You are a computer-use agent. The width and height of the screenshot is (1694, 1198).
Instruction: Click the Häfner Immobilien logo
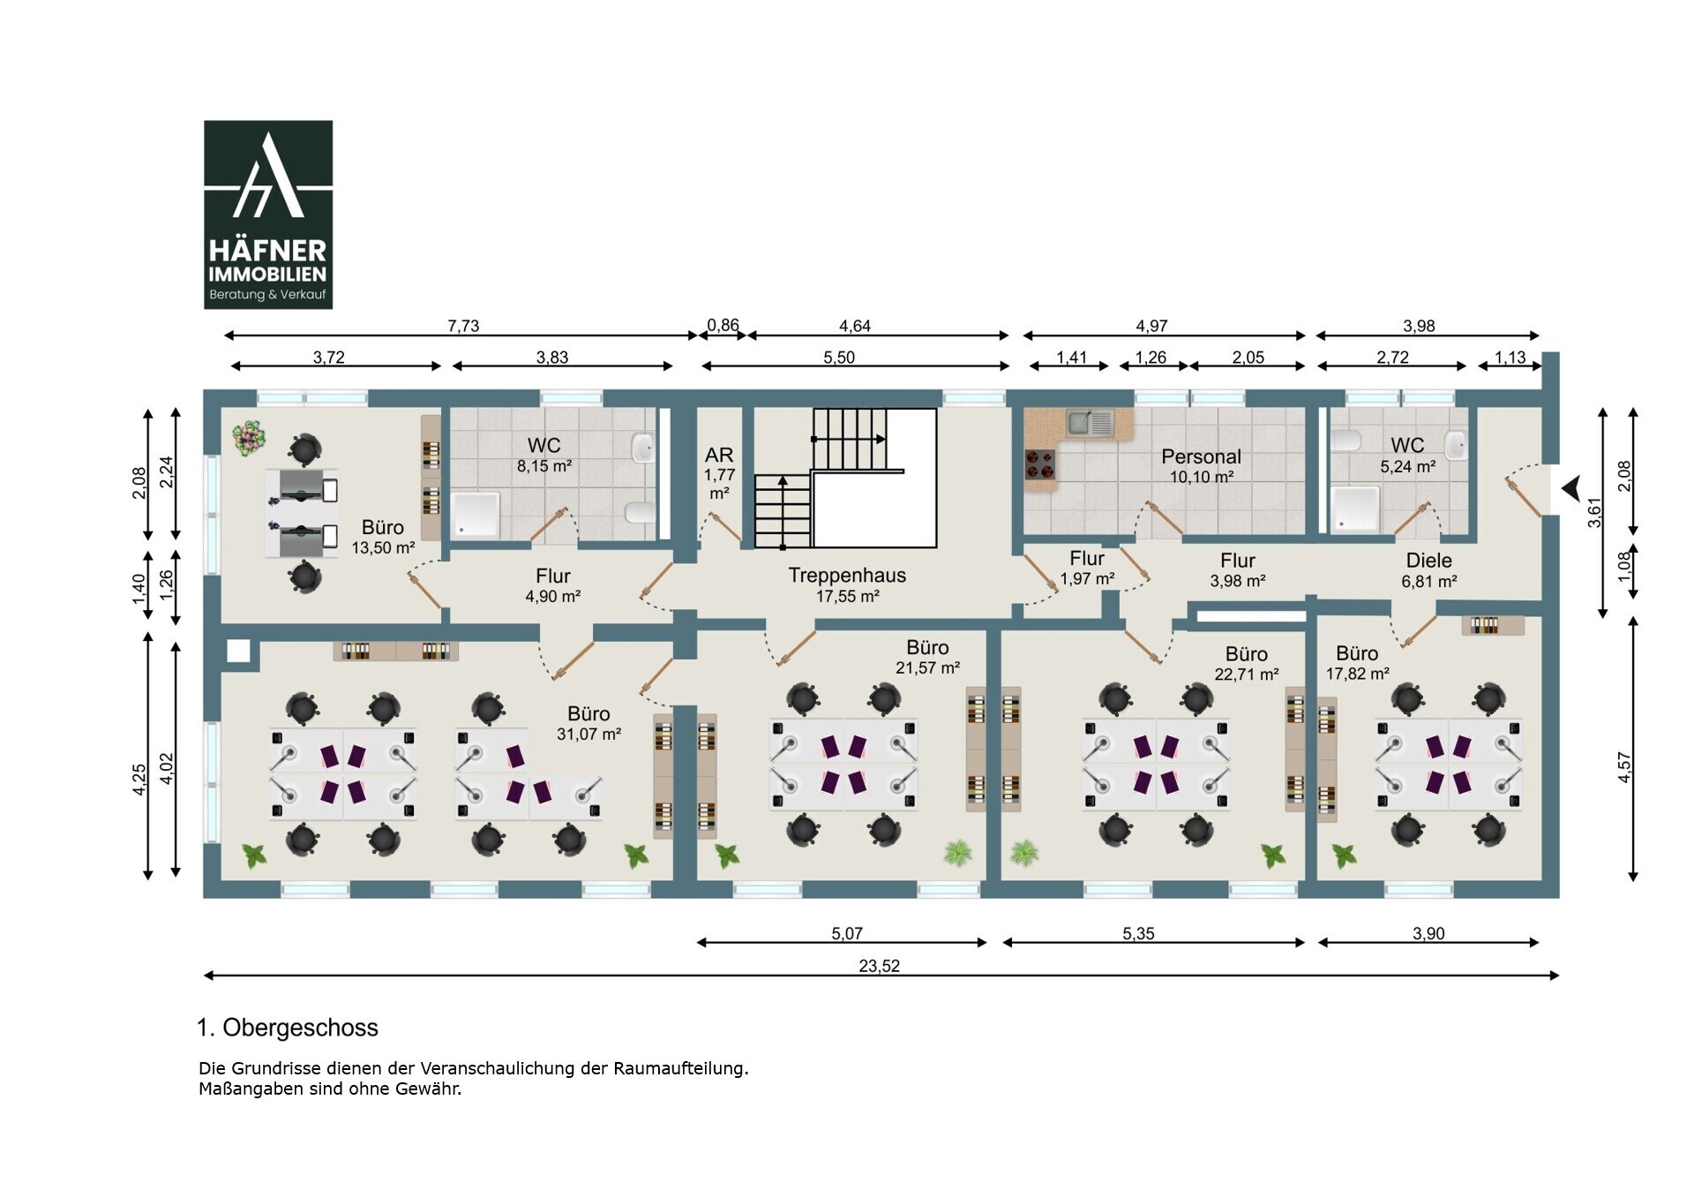[x=268, y=215]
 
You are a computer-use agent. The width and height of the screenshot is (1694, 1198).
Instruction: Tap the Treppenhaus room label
[x=847, y=576]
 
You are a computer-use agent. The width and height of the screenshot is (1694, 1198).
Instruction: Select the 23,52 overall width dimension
[x=880, y=966]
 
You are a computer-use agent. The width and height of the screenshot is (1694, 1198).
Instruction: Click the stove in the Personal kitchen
[x=1040, y=463]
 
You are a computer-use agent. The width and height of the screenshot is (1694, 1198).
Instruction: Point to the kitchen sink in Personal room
[x=1091, y=423]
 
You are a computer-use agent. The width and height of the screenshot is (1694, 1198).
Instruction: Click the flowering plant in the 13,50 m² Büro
[x=250, y=438]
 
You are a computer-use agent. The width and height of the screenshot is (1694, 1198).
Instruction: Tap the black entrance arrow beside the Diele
[x=1570, y=487]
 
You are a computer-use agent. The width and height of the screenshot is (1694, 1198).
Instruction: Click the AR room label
[x=719, y=455]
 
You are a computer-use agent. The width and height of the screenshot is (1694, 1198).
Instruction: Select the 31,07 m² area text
[x=588, y=735]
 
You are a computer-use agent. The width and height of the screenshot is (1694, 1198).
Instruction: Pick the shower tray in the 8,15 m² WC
[x=476, y=515]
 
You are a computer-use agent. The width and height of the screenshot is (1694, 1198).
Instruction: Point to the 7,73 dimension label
[x=463, y=326]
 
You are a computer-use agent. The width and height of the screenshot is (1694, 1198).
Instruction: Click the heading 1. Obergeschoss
[x=288, y=1028]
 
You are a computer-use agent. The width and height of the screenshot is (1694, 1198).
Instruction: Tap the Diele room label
[x=1428, y=561]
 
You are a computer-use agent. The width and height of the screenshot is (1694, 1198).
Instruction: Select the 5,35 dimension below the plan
[x=1138, y=933]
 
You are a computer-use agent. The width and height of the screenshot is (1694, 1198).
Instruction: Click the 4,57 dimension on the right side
[x=1624, y=767]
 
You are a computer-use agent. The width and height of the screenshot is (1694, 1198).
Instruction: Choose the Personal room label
[x=1201, y=456]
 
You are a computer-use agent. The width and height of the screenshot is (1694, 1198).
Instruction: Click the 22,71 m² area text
[x=1246, y=674]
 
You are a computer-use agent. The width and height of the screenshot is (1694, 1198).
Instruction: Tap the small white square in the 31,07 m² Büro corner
[x=238, y=652]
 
